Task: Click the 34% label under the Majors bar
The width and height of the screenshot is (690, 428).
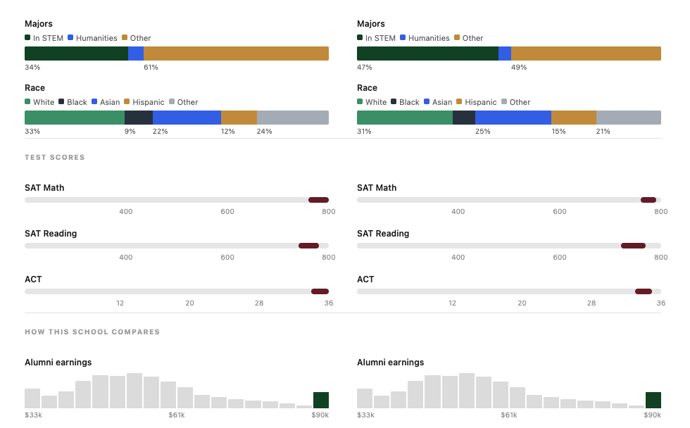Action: click(x=32, y=68)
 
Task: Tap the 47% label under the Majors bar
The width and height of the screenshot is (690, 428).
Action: click(x=365, y=68)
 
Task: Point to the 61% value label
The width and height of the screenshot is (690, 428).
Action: click(x=151, y=68)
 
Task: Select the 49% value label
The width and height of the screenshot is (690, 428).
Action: click(x=519, y=68)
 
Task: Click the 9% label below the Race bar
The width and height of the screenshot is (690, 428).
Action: click(x=130, y=132)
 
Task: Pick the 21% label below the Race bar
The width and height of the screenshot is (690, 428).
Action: click(x=603, y=132)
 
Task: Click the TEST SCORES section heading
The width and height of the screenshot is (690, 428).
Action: click(x=55, y=158)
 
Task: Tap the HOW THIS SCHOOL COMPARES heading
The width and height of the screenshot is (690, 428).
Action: click(x=92, y=332)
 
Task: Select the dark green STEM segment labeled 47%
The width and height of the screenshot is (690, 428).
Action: click(x=427, y=53)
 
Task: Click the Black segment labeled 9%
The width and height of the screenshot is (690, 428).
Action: click(x=139, y=118)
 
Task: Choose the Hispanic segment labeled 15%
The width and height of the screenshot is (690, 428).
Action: click(x=574, y=118)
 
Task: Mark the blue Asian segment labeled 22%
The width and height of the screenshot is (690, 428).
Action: click(x=187, y=118)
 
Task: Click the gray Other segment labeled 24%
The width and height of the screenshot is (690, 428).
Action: click(x=292, y=118)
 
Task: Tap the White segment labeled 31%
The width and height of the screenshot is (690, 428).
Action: click(x=404, y=118)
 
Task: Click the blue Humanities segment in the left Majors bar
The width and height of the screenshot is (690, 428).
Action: click(x=136, y=53)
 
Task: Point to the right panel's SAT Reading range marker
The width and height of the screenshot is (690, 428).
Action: click(x=633, y=246)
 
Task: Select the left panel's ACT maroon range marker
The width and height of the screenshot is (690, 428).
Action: click(x=320, y=291)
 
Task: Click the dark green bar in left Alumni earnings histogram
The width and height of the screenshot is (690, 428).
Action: click(x=321, y=400)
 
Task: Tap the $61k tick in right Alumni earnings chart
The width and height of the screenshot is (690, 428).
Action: click(x=509, y=415)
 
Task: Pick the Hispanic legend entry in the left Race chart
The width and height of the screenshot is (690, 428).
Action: click(x=144, y=102)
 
